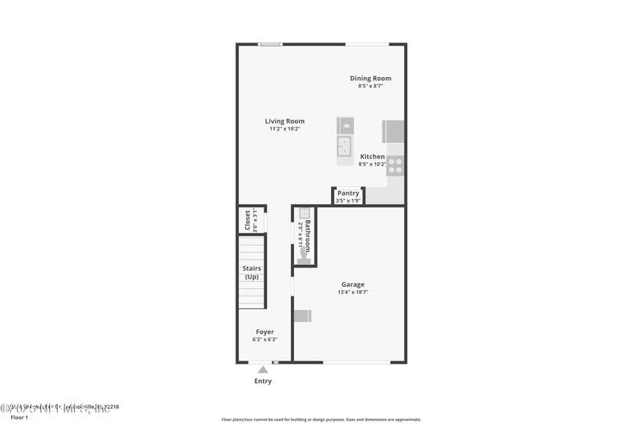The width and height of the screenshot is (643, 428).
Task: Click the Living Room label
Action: coord(285,121)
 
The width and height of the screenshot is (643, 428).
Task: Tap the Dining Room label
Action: coord(370,78)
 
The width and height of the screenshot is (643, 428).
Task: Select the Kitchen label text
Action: coord(372,157)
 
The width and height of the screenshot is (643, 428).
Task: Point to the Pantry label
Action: coord(348,193)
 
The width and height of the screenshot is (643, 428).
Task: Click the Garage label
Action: coord(352,284)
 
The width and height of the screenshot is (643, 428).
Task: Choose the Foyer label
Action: coord(264,332)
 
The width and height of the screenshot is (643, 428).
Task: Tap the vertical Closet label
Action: coord(248,221)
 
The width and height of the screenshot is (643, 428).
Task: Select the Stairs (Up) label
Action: coord(252,272)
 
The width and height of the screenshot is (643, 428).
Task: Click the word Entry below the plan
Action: coord(263,381)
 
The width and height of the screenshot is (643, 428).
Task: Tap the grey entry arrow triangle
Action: coord(263,369)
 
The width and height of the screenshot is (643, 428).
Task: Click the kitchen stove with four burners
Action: coord(395,166)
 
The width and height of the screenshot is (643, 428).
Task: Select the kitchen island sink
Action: coord(344,145)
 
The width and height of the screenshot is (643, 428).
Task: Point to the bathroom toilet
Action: coord(304,255)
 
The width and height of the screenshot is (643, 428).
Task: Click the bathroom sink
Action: coord(304,214)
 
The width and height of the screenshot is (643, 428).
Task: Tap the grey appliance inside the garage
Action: coord(302,315)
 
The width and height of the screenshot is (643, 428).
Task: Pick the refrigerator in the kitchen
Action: coord(393,132)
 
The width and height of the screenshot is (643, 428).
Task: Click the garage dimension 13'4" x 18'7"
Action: coord(352,292)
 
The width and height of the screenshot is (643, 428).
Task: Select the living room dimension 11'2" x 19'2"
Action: coord(285,128)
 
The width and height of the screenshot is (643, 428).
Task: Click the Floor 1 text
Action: coord(18,418)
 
